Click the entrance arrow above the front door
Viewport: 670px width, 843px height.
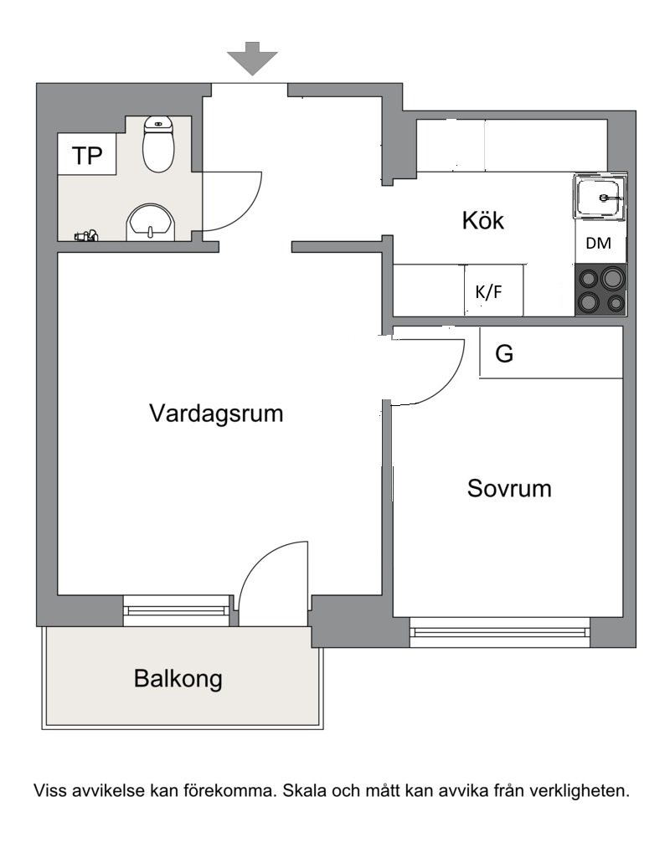coord(252,58)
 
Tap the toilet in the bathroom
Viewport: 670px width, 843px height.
coord(158,144)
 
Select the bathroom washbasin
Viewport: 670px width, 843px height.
coord(151,222)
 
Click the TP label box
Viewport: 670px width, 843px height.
coord(87,154)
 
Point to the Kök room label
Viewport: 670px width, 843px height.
coord(483,220)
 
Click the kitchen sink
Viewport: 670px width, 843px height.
coord(600,197)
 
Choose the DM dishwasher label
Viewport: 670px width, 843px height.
coord(599,243)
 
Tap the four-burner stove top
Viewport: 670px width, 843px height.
coord(601,290)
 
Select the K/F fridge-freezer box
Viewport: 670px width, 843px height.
coord(493,290)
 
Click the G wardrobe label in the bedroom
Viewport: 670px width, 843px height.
coord(504,354)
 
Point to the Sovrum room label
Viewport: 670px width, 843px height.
coord(509,488)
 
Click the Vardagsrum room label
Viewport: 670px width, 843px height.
coord(216,414)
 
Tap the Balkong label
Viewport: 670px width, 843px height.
coord(178,678)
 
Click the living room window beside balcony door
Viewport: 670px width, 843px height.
coord(177,610)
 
